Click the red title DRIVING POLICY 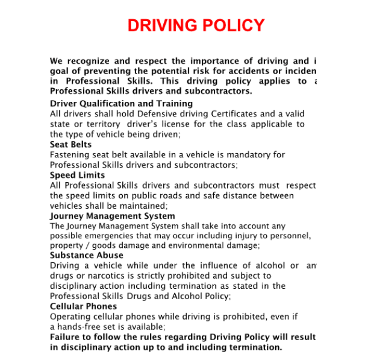[196, 26]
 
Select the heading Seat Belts [70, 145]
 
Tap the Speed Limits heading [77, 175]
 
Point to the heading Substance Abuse [86, 255]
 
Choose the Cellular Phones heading [84, 306]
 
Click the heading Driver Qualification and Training [121, 104]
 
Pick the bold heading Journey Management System [112, 216]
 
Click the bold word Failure [67, 337]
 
